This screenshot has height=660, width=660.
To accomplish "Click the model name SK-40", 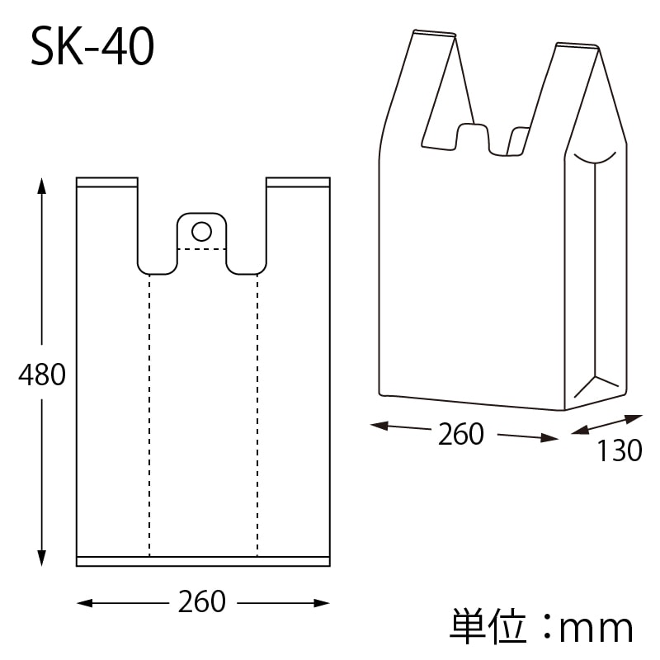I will tap(92, 49).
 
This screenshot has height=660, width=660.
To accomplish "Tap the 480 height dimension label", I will tap(42, 375).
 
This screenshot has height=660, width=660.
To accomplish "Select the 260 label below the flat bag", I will tap(202, 601).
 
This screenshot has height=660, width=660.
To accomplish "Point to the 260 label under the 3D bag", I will tap(461, 434).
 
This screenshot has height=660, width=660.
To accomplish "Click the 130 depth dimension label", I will tap(619, 450).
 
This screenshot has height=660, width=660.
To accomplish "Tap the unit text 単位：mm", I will tap(541, 628).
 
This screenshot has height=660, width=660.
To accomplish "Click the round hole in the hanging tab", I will tap(201, 229).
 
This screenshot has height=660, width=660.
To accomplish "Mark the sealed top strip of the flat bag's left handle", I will tap(107, 181).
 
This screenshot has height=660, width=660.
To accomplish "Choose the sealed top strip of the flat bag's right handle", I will tap(298, 181).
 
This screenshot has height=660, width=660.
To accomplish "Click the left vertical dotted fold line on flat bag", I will tap(149, 412).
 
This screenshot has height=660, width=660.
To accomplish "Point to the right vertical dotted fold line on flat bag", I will tap(257, 412).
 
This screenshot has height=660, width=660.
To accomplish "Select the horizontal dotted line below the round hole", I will tap(201, 248).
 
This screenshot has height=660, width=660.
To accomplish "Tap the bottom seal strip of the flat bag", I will tap(203, 561).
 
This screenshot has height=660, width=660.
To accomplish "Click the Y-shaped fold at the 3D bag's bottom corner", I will tap(595, 384).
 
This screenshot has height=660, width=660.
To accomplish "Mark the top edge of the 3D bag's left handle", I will tap(434, 34).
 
